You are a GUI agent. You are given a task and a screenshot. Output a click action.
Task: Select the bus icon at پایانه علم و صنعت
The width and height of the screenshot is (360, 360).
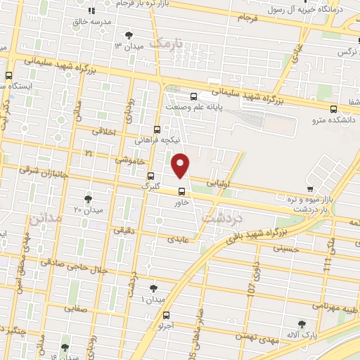194,97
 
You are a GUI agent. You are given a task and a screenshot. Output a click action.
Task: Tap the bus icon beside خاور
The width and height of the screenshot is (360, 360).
181,191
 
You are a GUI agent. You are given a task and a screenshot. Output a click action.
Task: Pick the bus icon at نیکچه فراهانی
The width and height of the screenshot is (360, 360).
157,129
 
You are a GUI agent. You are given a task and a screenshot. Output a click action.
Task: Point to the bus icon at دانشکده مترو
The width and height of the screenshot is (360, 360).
333,108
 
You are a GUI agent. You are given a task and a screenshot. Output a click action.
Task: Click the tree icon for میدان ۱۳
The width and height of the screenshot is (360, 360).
128,34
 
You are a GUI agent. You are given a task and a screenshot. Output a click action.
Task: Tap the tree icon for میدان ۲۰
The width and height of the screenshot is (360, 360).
88,199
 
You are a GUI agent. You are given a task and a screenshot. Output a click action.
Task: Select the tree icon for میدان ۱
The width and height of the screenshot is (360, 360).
154,288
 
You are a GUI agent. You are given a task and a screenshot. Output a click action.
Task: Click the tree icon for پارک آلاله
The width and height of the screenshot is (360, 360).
302,324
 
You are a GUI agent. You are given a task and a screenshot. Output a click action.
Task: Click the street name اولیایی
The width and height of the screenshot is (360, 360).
219,182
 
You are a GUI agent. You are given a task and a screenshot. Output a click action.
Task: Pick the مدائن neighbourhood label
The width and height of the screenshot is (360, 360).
46,219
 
